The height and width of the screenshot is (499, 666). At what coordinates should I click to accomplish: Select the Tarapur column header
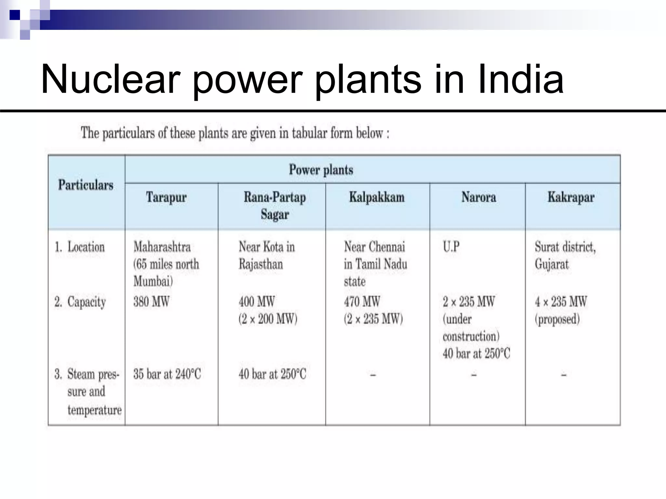tap(166, 197)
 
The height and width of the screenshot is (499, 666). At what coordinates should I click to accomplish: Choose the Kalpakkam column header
tap(377, 197)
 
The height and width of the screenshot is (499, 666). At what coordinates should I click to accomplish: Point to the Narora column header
tap(479, 197)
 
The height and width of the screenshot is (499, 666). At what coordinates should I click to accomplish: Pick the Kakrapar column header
tap(571, 197)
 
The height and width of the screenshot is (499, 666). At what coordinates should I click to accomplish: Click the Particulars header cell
tap(86, 185)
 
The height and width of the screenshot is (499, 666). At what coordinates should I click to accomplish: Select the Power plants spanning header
tap(321, 170)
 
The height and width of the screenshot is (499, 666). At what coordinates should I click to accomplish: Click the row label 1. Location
tap(80, 247)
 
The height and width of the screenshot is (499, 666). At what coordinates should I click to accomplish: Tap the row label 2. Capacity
tap(80, 302)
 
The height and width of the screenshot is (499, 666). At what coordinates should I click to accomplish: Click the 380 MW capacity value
tap(151, 301)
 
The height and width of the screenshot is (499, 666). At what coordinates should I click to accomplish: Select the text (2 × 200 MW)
tap(268, 319)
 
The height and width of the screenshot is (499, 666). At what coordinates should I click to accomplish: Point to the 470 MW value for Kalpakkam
tap(362, 301)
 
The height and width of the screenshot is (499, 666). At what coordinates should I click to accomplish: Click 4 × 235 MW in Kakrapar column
tap(561, 301)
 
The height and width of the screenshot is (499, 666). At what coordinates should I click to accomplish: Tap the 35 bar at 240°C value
tap(167, 374)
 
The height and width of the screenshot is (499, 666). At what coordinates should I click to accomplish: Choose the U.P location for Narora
tap(451, 247)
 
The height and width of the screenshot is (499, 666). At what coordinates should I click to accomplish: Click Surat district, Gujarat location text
tap(565, 256)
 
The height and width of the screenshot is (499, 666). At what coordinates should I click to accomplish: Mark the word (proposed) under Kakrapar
tap(557, 319)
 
